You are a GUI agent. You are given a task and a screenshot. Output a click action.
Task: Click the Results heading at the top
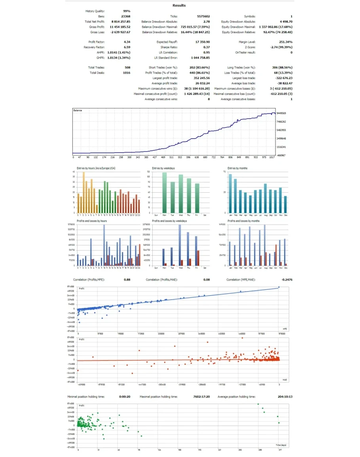click(179, 6)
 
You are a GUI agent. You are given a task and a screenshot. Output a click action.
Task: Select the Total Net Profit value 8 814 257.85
click(121, 21)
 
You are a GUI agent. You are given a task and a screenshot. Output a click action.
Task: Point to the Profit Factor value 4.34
click(127, 42)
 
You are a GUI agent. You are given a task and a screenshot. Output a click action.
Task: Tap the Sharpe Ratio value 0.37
click(207, 47)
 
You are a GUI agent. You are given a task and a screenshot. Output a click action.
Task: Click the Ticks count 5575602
click(203, 16)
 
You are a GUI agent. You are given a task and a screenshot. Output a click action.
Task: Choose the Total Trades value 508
click(127, 68)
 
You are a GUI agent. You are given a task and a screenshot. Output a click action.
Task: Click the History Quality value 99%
click(127, 11)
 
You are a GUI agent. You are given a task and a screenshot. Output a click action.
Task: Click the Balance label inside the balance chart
click(78, 110)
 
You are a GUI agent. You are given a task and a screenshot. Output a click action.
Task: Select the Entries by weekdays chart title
click(163, 169)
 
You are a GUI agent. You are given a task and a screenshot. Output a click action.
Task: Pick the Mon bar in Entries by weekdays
click(165, 193)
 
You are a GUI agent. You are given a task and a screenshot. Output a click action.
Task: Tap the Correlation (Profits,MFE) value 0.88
click(127, 280)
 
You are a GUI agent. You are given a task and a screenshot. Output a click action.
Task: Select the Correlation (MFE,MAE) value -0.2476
click(286, 280)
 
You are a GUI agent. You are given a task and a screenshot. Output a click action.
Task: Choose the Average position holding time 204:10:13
click(283, 396)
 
